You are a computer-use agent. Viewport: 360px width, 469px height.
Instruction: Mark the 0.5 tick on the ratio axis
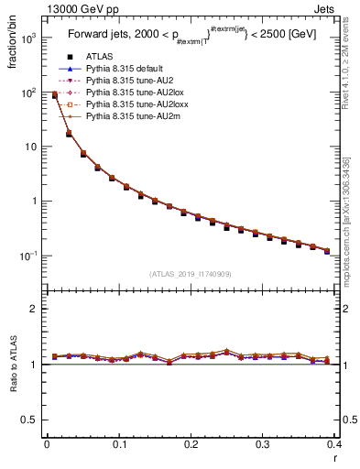(x=28, y=420)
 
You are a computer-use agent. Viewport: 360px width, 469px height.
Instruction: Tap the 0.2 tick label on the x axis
(x=191, y=444)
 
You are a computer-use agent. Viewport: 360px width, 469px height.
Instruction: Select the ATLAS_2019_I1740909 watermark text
(x=191, y=273)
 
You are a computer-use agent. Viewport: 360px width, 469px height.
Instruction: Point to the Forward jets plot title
(x=191, y=38)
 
